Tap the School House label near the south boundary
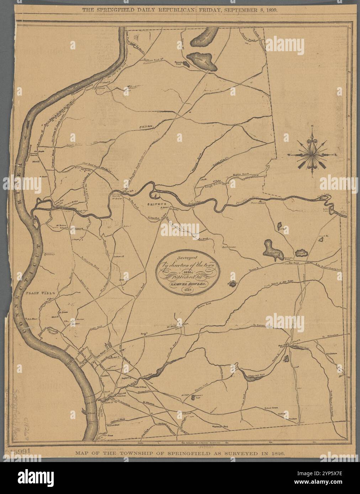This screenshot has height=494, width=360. (273, 408)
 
